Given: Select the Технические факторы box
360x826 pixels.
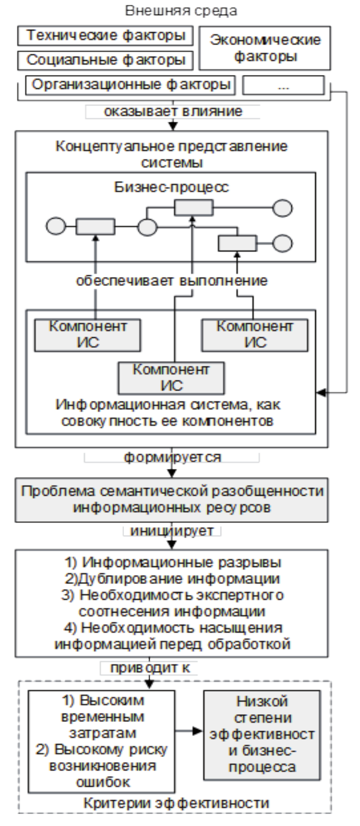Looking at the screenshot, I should click(105, 36).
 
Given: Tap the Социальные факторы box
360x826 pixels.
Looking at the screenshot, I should click(105, 59).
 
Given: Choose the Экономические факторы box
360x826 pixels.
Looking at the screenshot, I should click(265, 47).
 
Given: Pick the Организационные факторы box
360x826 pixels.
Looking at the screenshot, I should click(129, 85).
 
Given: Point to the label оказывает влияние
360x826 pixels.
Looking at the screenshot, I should click(173, 111).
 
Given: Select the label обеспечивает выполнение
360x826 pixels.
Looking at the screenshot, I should click(171, 280).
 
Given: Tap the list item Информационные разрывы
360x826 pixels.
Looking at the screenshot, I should click(172, 562).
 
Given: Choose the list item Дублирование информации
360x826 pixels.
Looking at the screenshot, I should click(172, 578).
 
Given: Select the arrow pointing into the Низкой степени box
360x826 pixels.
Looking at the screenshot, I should click(189, 730).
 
